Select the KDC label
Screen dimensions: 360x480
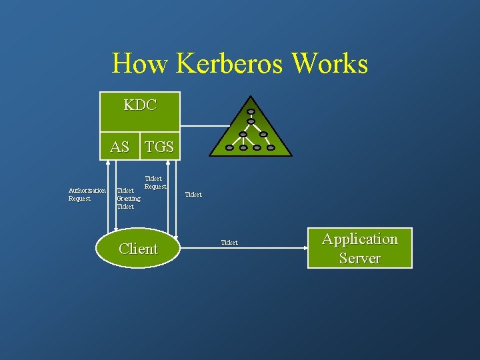140,105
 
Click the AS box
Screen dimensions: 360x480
119,147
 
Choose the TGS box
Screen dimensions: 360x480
159,147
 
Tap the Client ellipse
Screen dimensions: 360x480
138,249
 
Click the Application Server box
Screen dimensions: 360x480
359,248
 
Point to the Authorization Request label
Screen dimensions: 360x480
87,194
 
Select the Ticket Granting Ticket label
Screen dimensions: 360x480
128,198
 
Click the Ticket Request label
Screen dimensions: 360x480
155,182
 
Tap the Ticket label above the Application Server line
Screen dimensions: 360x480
229,243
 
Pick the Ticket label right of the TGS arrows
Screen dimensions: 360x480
193,195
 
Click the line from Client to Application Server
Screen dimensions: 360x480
267,248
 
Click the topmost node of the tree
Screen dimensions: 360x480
250,112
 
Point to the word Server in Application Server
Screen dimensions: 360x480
359,258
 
